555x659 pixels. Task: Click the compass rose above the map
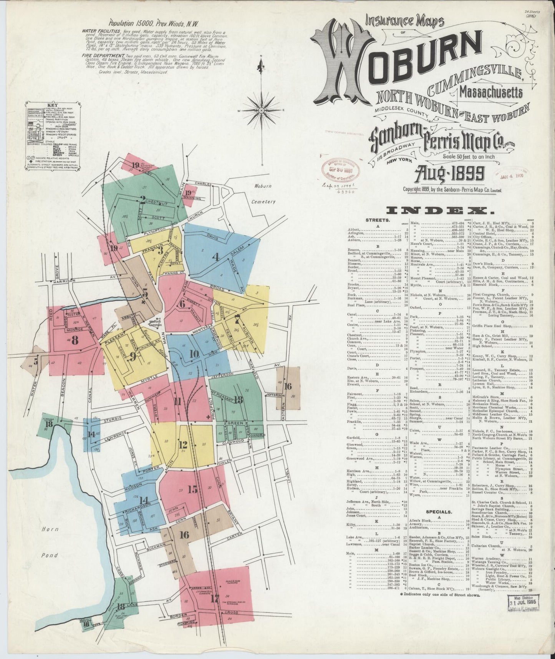click(x=261, y=110)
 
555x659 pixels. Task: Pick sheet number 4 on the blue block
click(x=216, y=258)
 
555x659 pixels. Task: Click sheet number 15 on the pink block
click(x=192, y=489)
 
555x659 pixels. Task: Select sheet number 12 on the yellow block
click(x=183, y=445)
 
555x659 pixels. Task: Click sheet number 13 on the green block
click(x=239, y=399)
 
